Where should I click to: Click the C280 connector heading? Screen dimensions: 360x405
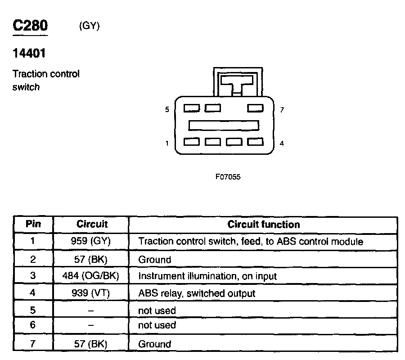tap(30, 26)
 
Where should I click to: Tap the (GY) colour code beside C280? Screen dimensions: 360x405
tap(89, 26)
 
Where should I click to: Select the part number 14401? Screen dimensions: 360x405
tap(29, 54)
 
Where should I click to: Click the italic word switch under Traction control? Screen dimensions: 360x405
tap(26, 87)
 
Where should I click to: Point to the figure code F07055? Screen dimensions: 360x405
tap(228, 177)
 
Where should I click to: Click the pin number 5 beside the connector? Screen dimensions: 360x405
tap(167, 109)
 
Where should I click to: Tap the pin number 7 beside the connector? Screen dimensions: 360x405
tap(282, 109)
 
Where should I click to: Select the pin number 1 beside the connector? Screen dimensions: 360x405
tap(167, 144)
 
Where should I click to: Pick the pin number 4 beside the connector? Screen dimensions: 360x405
tap(282, 144)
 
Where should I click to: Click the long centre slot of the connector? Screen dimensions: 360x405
tap(224, 125)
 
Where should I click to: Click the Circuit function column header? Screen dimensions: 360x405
tap(263, 224)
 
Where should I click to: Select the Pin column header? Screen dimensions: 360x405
tap(33, 224)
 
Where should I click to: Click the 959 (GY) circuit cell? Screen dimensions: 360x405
tap(90, 241)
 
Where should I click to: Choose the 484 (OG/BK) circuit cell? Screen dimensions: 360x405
tap(90, 276)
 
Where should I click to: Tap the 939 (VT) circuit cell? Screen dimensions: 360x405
tap(90, 293)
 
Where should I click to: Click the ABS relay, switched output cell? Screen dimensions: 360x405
tap(197, 293)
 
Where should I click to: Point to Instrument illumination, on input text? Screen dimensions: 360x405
tap(207, 276)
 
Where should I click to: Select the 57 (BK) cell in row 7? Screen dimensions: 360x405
tap(90, 344)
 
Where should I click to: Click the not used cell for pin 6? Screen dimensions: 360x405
tap(157, 325)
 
